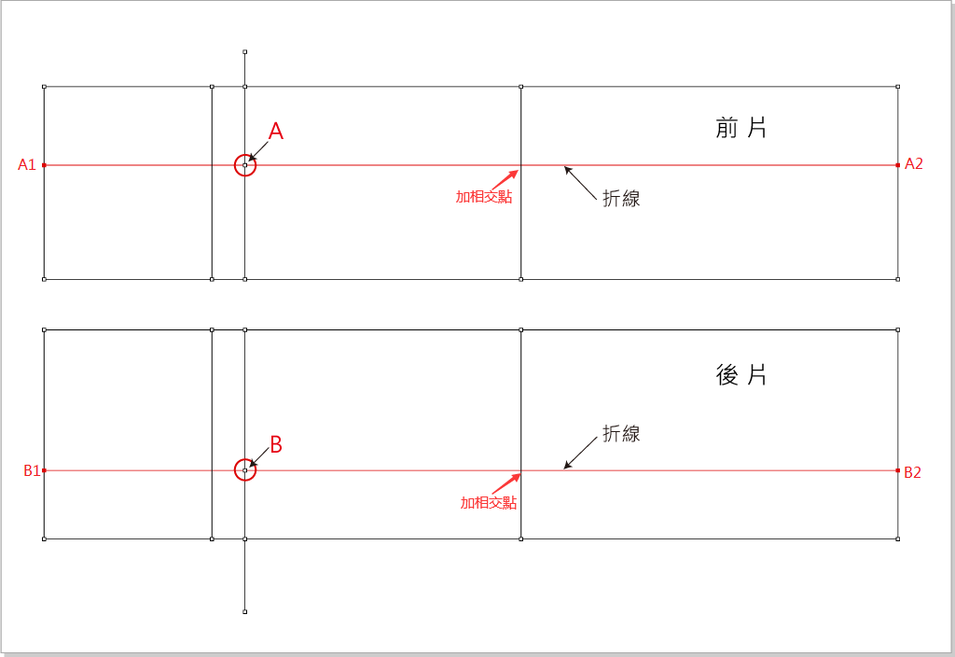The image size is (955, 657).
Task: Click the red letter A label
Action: click(x=276, y=132)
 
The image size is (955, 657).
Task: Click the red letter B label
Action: click(x=275, y=444)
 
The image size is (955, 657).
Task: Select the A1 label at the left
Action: click(x=27, y=165)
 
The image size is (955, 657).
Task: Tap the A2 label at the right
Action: click(x=914, y=164)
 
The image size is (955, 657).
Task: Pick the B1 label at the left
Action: click(x=32, y=471)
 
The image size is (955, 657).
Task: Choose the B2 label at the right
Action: click(x=912, y=472)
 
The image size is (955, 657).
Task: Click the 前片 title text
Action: click(x=741, y=128)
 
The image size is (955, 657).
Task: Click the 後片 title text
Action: click(x=741, y=375)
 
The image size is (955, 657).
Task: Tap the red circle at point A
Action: click(x=244, y=165)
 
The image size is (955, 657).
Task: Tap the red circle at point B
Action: click(x=244, y=470)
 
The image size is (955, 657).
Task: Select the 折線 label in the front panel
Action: click(x=621, y=198)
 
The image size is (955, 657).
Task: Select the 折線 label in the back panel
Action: click(x=621, y=434)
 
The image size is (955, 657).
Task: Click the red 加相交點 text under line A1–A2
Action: click(x=484, y=197)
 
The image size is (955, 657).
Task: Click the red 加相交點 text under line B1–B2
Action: click(x=489, y=502)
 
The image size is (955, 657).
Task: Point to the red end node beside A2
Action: click(x=897, y=165)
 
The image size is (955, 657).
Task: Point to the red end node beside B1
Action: click(x=44, y=470)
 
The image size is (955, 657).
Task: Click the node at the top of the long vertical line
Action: click(x=244, y=52)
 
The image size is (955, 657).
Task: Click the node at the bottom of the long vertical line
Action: click(x=244, y=612)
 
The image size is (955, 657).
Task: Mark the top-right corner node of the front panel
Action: click(x=897, y=87)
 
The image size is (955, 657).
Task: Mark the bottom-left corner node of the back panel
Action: click(x=44, y=538)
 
